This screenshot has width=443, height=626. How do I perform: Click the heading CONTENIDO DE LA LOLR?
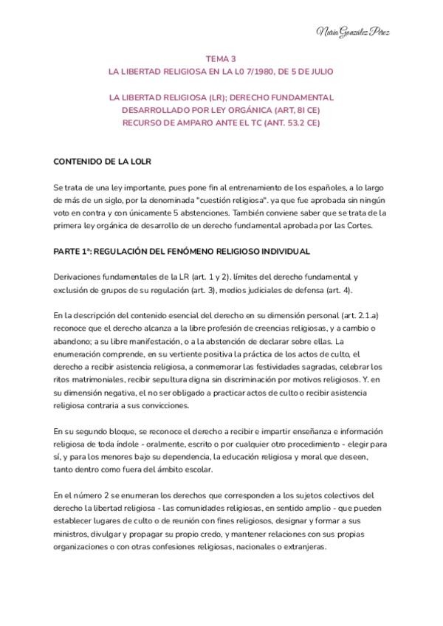pyautogui.click(x=103, y=162)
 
